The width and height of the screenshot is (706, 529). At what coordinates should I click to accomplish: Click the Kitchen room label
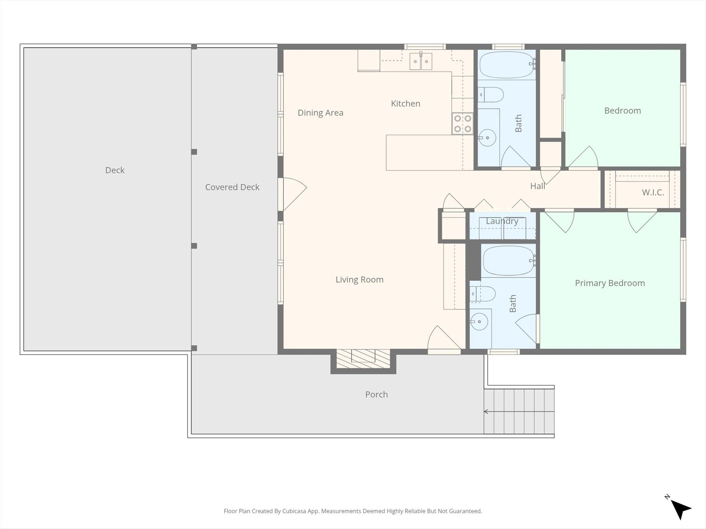pyautogui.click(x=405, y=103)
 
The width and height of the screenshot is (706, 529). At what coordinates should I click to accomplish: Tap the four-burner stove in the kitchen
pyautogui.click(x=463, y=124)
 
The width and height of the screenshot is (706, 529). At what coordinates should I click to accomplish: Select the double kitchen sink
pyautogui.click(x=421, y=61)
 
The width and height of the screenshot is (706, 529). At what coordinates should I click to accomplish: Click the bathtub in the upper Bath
pyautogui.click(x=507, y=65)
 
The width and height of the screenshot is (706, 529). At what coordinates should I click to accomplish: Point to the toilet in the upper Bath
pyautogui.click(x=491, y=94)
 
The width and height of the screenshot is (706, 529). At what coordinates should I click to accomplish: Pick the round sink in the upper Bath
pyautogui.click(x=487, y=138)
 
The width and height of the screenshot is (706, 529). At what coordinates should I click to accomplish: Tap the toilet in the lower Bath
pyautogui.click(x=483, y=294)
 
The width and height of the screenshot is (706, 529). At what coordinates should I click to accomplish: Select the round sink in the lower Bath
pyautogui.click(x=479, y=322)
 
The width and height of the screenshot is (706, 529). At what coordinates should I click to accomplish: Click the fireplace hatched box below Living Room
pyautogui.click(x=363, y=359)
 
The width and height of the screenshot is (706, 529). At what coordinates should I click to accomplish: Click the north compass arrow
pyautogui.click(x=680, y=510)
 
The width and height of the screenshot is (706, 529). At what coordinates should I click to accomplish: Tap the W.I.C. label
pyautogui.click(x=653, y=192)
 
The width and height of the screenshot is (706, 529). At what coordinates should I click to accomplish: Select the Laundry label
pyautogui.click(x=502, y=221)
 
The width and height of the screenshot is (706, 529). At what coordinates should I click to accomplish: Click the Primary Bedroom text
pyautogui.click(x=610, y=283)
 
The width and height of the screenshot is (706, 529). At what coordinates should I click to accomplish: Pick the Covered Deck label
pyautogui.click(x=232, y=187)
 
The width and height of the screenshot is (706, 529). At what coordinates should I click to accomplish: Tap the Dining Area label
pyautogui.click(x=320, y=113)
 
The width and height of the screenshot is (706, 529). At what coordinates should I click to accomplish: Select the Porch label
pyautogui.click(x=376, y=394)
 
